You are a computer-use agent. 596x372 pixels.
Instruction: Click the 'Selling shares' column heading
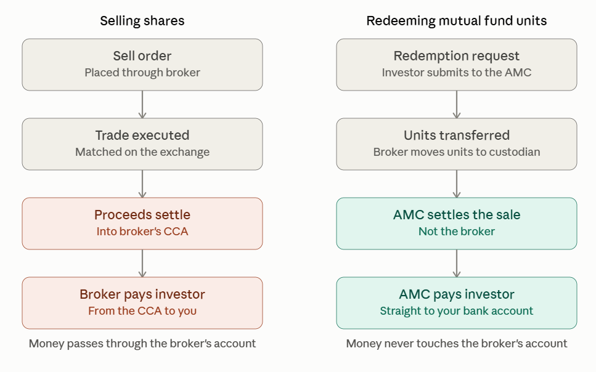pos(142,21)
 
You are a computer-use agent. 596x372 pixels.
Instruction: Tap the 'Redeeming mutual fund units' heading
pos(457,21)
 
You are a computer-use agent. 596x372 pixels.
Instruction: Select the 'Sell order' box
pos(142,65)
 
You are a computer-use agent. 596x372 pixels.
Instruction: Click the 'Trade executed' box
pos(142,144)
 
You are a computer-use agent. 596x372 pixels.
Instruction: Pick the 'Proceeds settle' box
pos(142,224)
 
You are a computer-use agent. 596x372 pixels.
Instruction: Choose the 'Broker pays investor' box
pos(142,303)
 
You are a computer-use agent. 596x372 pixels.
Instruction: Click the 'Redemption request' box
pos(457,65)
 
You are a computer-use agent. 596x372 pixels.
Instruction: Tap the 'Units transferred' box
pos(457,144)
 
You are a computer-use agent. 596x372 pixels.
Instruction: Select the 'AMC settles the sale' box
pos(457,224)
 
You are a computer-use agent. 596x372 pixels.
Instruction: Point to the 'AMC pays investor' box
pos(457,303)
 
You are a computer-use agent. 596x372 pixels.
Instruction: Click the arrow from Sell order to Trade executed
pos(142,104)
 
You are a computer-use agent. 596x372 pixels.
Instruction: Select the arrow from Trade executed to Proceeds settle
pos(142,184)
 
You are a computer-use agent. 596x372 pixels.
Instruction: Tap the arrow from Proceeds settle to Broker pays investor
pos(142,263)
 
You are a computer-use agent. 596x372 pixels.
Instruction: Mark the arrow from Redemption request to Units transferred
pos(457,104)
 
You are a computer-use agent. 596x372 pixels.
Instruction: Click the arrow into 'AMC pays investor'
pos(457,263)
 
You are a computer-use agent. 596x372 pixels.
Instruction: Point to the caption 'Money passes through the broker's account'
pos(142,344)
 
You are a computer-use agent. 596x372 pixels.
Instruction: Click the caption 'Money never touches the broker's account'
pos(457,344)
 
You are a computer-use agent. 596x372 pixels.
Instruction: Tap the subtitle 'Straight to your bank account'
pos(457,311)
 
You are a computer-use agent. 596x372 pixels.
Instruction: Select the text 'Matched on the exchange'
pos(142,152)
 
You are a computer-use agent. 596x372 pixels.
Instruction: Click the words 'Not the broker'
pos(457,232)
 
